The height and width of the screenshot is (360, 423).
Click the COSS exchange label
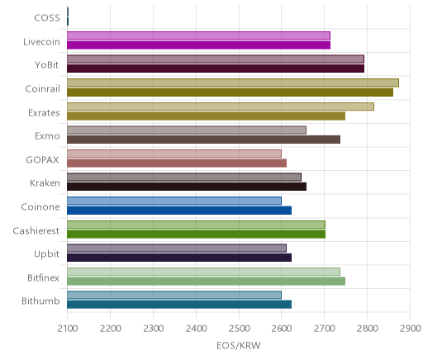pyautogui.click(x=47, y=18)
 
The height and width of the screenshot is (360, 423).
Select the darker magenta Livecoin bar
pyautogui.click(x=198, y=45)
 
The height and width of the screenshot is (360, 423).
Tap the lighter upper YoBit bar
pyautogui.click(x=216, y=59)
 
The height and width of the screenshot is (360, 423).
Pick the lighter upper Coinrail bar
pyautogui.click(x=233, y=83)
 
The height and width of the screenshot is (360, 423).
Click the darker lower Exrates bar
pyautogui.click(x=206, y=116)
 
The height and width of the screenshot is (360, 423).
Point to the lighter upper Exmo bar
pyautogui.click(x=187, y=130)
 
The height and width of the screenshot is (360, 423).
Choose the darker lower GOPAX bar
pyautogui.click(x=177, y=163)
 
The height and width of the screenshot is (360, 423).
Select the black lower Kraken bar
pyautogui.click(x=187, y=187)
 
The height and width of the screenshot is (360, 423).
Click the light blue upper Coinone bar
pyautogui.click(x=174, y=201)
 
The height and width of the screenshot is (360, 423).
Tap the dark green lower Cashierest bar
pyautogui.click(x=196, y=234)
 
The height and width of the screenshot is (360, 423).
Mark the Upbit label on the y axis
pyautogui.click(x=46, y=254)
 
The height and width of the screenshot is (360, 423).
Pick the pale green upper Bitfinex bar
pyautogui.click(x=203, y=272)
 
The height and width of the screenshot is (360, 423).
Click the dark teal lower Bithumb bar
pyautogui.click(x=179, y=305)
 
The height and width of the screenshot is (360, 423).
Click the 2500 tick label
pyautogui.click(x=239, y=329)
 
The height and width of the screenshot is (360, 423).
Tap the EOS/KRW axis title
pyautogui.click(x=239, y=345)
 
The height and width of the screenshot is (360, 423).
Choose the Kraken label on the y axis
pyautogui.click(x=45, y=183)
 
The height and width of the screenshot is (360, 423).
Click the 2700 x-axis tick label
pyautogui.click(x=324, y=329)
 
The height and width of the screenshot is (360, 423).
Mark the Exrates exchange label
pyautogui.click(x=44, y=113)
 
